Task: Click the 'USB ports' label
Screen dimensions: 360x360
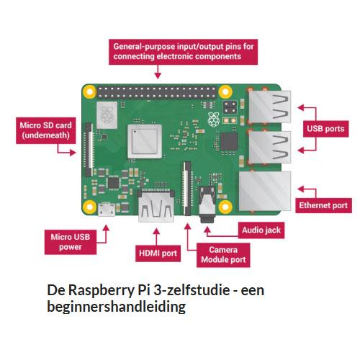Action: tap(325, 129)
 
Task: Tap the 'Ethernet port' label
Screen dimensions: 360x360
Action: tap(323, 205)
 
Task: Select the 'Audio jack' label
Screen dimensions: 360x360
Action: tap(261, 230)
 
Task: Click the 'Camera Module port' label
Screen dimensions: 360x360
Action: tap(223, 255)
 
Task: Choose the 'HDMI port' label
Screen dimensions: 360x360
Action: tap(158, 253)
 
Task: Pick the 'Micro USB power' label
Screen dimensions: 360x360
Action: tap(71, 242)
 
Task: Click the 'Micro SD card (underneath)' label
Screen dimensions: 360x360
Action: tap(46, 130)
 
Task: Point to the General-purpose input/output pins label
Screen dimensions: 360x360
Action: tap(183, 52)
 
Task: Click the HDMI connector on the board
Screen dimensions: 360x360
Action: tap(156, 205)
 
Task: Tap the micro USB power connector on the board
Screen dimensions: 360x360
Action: tap(107, 209)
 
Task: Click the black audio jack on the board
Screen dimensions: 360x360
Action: tap(207, 204)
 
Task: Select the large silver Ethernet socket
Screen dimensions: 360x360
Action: tap(265, 191)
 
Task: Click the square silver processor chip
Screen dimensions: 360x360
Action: tap(145, 141)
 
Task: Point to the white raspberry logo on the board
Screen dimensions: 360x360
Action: tap(214, 119)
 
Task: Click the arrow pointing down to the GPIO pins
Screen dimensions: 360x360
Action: tap(158, 71)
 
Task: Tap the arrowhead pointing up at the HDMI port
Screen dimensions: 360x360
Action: tap(156, 231)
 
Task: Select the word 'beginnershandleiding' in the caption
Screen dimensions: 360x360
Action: tap(117, 307)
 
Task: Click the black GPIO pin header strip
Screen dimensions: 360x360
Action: tap(157, 92)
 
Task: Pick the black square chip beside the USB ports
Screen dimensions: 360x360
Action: tap(229, 141)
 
